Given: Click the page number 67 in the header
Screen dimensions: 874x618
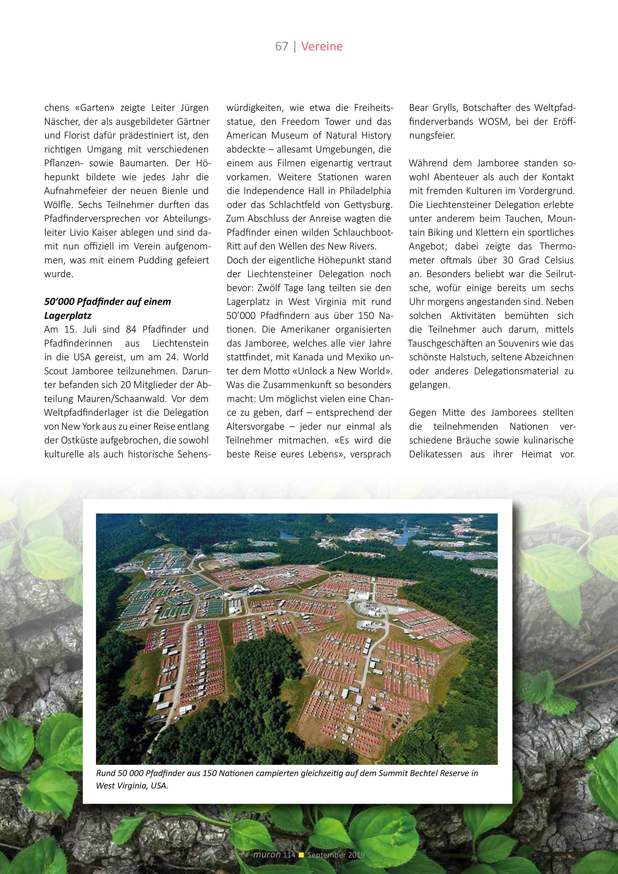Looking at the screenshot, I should pyautogui.click(x=282, y=46).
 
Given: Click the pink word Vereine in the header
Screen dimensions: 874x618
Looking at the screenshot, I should pyautogui.click(x=322, y=46).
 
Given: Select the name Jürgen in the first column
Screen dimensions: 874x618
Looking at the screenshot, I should pyautogui.click(x=194, y=108).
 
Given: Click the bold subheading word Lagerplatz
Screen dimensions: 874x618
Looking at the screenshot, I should pyautogui.click(x=68, y=315).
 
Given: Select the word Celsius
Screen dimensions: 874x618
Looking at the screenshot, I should pyautogui.click(x=559, y=260).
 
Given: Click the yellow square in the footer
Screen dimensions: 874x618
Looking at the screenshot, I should pyautogui.click(x=301, y=855).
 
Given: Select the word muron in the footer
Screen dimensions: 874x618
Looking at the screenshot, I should pyautogui.click(x=267, y=855).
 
